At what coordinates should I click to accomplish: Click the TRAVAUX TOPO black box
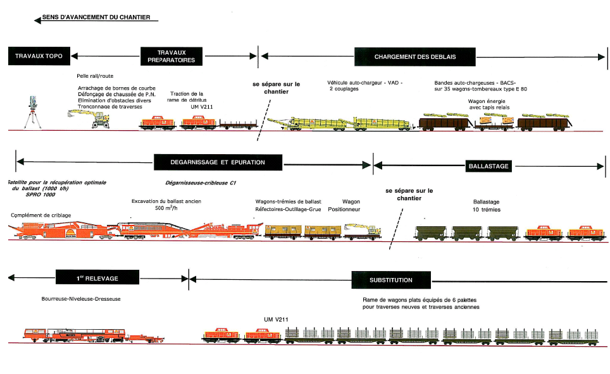39,56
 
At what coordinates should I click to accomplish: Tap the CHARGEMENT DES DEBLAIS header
414,56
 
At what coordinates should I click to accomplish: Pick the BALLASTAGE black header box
488,166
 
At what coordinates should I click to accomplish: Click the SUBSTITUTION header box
390,279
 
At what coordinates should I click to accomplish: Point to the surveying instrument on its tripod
32,112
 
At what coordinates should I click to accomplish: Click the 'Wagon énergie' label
487,101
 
